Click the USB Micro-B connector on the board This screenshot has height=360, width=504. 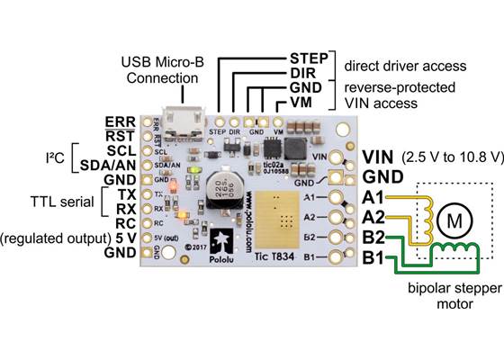190,127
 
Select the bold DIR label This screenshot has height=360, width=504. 310,73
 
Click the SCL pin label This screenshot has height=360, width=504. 121,149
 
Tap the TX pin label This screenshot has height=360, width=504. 125,193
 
